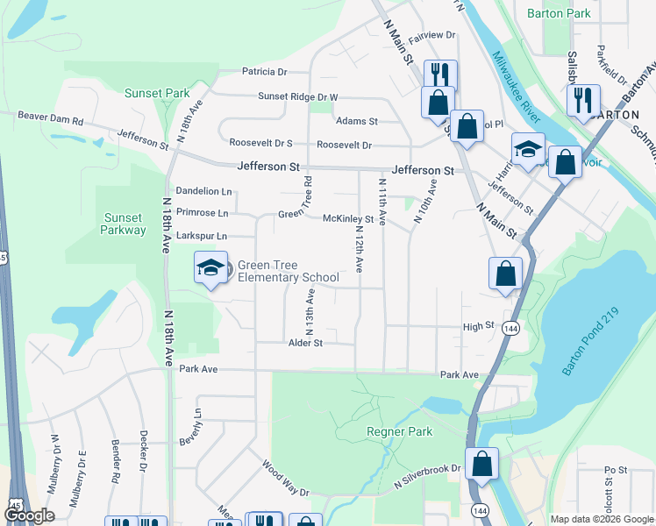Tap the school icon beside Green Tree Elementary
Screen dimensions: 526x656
click(210, 267)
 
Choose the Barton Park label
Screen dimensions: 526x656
click(559, 13)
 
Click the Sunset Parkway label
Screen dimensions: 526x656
click(123, 224)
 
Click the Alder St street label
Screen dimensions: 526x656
click(305, 343)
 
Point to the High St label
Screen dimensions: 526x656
click(479, 326)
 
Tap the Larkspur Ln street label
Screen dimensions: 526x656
click(202, 236)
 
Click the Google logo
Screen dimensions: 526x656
click(29, 515)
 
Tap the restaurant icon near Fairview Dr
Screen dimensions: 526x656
click(440, 74)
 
